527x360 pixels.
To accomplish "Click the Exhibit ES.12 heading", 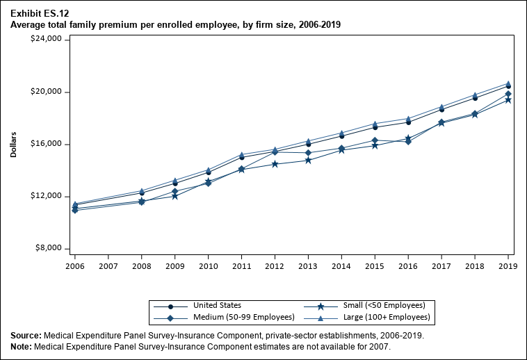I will tap(40, 13).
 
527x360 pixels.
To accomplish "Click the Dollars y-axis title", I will tap(14, 144).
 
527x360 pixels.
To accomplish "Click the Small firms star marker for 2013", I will tap(308, 161).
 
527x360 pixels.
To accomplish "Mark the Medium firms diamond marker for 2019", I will tap(508, 94).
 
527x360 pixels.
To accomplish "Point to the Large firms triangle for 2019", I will tap(508, 83).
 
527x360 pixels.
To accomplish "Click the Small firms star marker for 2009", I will tap(175, 196).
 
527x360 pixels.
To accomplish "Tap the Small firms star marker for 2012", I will tap(275, 164).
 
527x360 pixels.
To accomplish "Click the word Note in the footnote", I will tap(22, 346).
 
